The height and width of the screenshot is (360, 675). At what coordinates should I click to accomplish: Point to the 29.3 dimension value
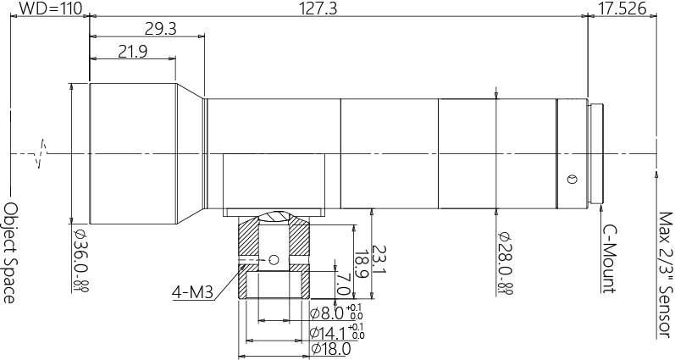[160, 29]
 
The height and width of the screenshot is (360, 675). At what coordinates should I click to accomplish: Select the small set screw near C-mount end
[572, 179]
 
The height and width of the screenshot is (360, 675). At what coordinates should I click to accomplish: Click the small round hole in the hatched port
[272, 259]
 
